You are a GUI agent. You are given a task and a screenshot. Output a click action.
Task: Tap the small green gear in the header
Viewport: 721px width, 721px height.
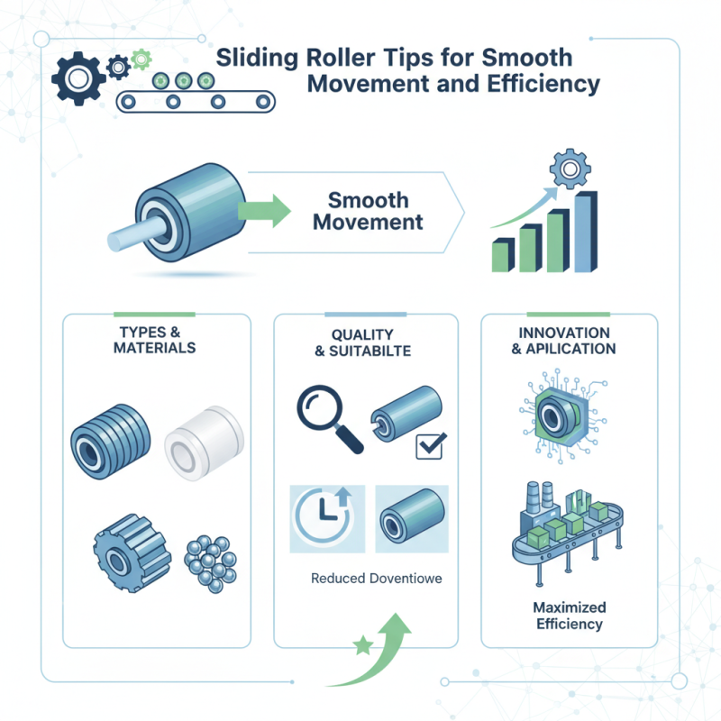click(x=141, y=60)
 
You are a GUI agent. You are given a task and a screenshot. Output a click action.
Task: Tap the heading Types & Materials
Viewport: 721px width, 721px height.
click(x=155, y=340)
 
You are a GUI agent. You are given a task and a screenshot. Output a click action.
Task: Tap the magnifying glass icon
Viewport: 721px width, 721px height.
click(x=326, y=414)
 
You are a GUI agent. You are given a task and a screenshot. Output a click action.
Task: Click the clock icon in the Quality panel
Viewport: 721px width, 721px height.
click(x=322, y=520)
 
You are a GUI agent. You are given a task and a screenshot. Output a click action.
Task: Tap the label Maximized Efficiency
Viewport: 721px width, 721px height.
click(x=569, y=616)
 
